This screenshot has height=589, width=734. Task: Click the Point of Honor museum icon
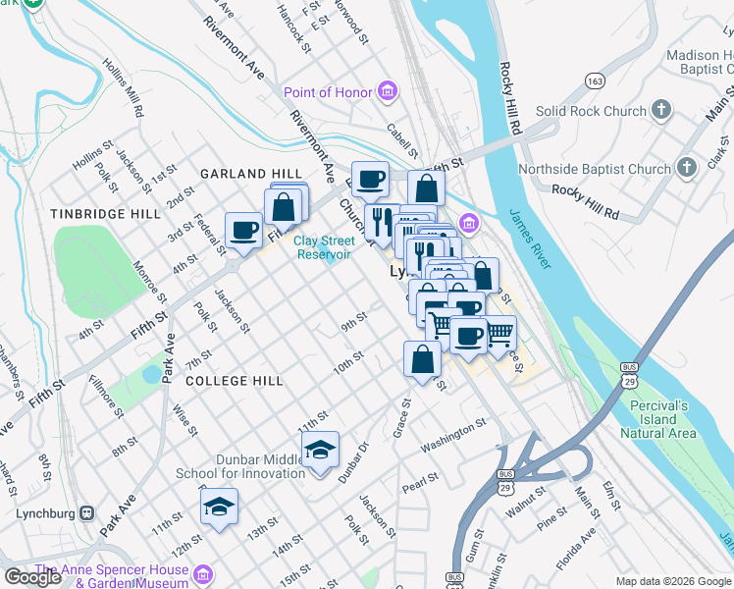(x=389, y=92)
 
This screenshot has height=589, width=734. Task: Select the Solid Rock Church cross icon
(x=662, y=111)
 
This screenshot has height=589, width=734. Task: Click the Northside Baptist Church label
(x=594, y=170)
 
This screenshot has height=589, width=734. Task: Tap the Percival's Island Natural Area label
(x=658, y=418)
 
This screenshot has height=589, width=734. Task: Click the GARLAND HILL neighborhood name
(x=250, y=174)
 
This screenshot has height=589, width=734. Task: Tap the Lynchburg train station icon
(x=87, y=513)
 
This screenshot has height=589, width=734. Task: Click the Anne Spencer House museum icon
(x=203, y=573)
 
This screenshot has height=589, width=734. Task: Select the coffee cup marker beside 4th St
(x=243, y=231)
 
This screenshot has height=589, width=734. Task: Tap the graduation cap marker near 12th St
(x=219, y=507)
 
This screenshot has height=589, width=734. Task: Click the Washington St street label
(x=454, y=432)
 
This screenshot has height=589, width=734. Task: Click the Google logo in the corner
(x=32, y=576)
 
